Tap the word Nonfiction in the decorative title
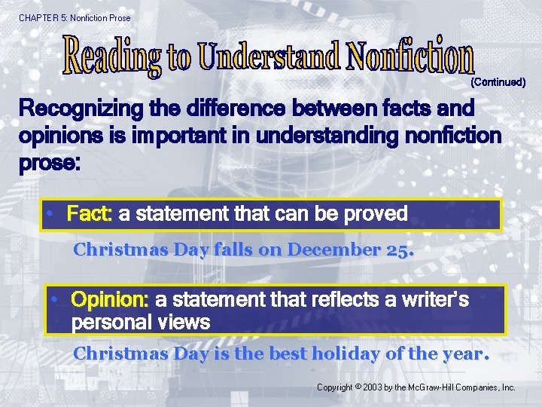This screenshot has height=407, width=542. pyautogui.click(x=410, y=54)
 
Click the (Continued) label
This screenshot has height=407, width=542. pyautogui.click(x=498, y=81)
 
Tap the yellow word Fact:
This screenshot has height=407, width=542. pyautogui.click(x=90, y=214)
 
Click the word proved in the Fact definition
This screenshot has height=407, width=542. pyautogui.click(x=376, y=214)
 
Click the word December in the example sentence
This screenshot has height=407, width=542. pyautogui.click(x=331, y=250)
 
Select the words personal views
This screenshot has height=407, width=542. pyautogui.click(x=141, y=323)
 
